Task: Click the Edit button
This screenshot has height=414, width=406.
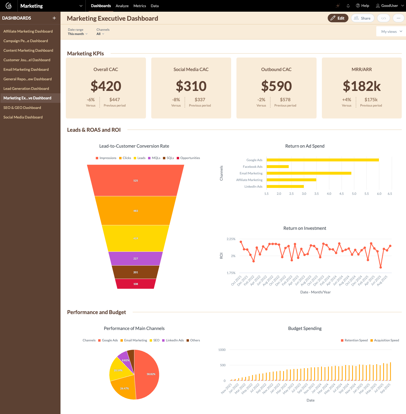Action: point(338,18)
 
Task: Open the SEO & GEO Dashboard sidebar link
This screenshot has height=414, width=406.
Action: point(22,108)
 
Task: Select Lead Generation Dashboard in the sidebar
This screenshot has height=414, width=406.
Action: point(26,89)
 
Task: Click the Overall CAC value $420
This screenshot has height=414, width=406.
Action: point(106,86)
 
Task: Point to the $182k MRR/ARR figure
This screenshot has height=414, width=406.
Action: point(362,86)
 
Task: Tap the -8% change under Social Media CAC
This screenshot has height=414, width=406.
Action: point(176,100)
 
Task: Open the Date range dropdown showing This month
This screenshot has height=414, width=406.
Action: point(77,34)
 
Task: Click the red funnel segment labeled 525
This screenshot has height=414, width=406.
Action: point(136,180)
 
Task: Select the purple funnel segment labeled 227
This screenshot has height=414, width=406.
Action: point(136,258)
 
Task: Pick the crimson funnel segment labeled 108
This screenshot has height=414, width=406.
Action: point(136,284)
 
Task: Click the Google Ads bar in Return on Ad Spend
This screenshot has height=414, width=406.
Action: point(322,160)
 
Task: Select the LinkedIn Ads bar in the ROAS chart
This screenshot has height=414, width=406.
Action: point(285,186)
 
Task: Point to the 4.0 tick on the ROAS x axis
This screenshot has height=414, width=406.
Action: point(329,194)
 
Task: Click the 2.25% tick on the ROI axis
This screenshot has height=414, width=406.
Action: point(231,239)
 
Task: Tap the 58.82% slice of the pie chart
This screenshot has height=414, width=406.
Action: point(149,374)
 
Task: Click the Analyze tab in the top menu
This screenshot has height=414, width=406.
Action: point(122,6)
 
